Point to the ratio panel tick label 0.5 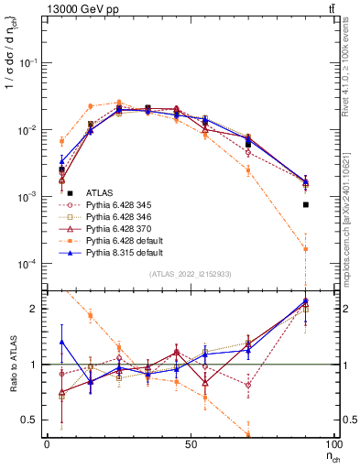click(34, 420)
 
